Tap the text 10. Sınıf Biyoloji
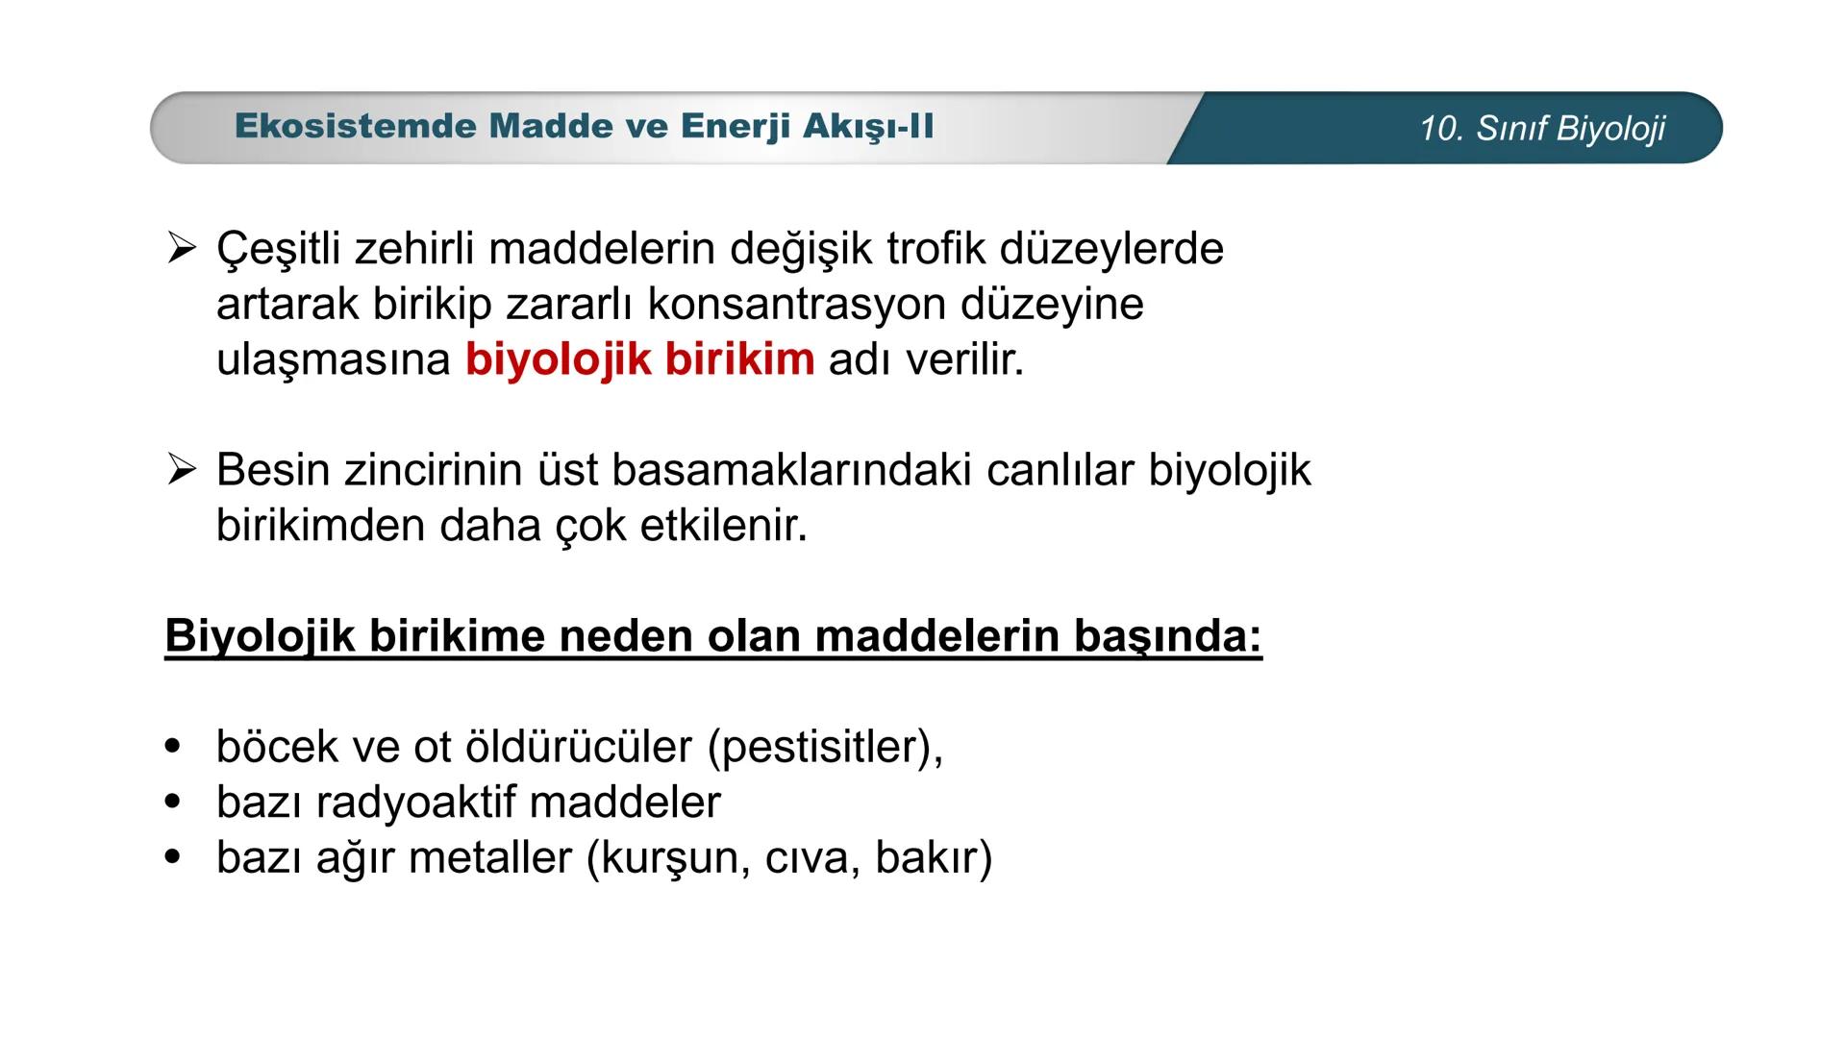[1541, 129]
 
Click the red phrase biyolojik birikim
[639, 360]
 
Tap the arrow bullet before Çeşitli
[181, 248]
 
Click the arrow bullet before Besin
[181, 470]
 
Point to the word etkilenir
[723, 526]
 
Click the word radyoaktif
[415, 803]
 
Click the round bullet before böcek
[173, 747]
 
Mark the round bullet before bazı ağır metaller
[173, 856]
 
